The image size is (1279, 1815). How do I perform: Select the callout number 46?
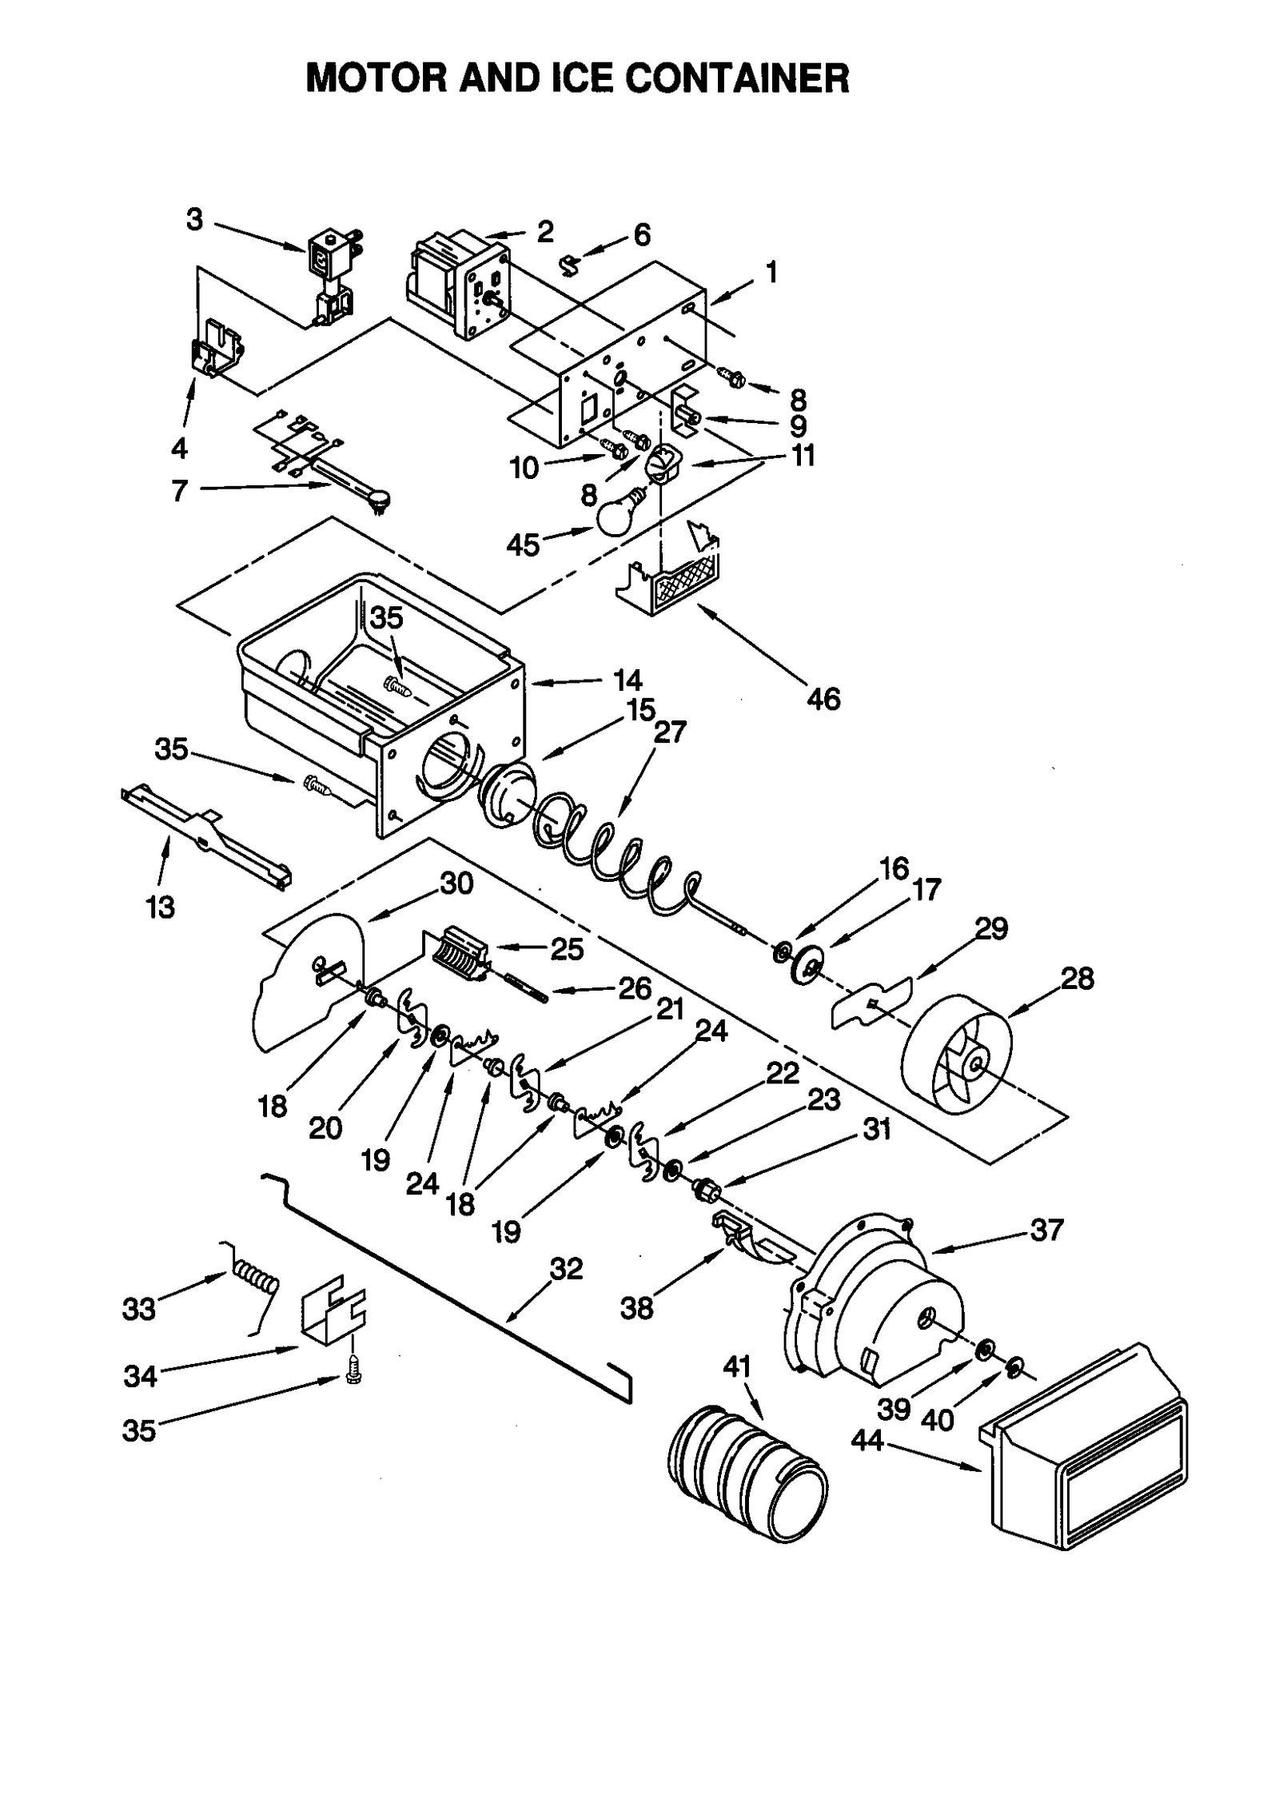click(823, 700)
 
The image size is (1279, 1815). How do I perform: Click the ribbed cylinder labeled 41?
click(747, 1470)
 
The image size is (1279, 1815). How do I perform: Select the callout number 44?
click(867, 1440)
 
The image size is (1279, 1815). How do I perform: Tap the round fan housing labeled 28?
click(956, 1056)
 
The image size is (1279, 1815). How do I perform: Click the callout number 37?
click(1046, 1231)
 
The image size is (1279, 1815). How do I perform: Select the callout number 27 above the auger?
click(670, 732)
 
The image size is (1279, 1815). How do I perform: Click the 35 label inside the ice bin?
click(387, 618)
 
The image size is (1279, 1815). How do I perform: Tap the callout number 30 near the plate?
click(456, 884)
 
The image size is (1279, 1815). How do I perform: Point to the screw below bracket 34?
click(351, 1374)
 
